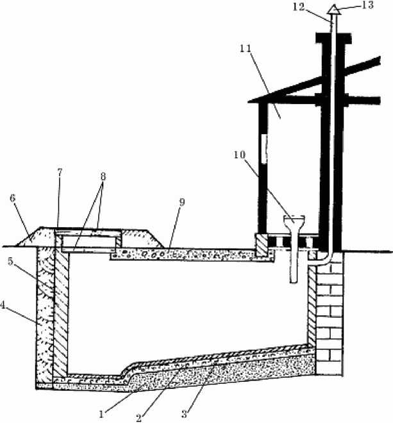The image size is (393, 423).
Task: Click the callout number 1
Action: tap(101, 414)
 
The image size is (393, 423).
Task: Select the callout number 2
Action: tap(138, 418)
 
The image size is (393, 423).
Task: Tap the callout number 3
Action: tap(184, 414)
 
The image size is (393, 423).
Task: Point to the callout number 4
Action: tap(3, 305)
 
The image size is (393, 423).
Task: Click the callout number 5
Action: tap(10, 261)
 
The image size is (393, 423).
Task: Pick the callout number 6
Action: tap(12, 198)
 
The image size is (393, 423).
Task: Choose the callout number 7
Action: tap(60, 171)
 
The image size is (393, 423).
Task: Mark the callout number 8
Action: tap(103, 177)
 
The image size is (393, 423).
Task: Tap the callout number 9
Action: tap(182, 202)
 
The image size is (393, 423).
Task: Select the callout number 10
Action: tap(240, 155)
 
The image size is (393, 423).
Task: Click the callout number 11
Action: tap(245, 49)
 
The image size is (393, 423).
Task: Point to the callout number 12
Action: tap(299, 7)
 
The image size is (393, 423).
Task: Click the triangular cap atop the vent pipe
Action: tap(333, 9)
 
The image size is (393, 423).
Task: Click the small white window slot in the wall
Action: tap(264, 149)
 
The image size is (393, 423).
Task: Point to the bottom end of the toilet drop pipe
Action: tap(294, 282)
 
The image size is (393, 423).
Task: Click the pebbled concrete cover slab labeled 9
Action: tap(192, 254)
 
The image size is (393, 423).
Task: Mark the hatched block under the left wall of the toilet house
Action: tap(262, 245)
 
